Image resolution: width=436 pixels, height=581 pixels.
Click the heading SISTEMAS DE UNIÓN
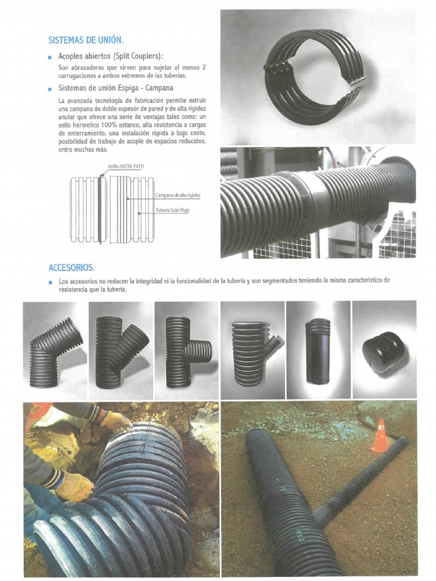[86, 40]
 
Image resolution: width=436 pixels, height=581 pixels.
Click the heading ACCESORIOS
[72, 267]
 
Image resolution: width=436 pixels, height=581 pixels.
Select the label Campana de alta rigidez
[178, 195]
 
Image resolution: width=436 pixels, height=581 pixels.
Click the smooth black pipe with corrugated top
[317, 351]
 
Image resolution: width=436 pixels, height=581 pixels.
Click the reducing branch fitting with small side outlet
[253, 352]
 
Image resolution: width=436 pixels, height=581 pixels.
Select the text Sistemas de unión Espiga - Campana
[116, 89]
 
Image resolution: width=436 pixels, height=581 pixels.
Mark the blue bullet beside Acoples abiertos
[51, 57]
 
